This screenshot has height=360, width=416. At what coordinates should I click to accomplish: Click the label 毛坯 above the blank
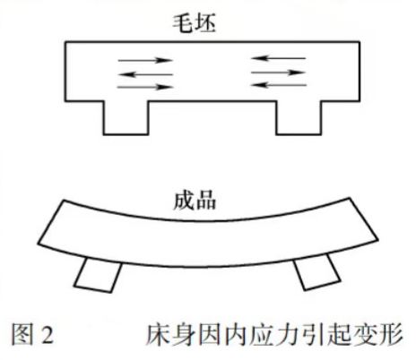[x=194, y=23]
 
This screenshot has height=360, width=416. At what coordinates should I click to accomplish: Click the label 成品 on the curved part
[x=195, y=201]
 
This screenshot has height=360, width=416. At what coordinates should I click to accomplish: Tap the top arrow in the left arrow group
[x=145, y=61]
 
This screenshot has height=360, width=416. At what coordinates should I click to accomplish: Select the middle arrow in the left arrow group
[x=145, y=74]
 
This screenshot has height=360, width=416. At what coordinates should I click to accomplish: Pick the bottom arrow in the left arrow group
[x=145, y=87]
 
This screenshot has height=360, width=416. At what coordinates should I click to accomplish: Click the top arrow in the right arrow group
[x=278, y=58]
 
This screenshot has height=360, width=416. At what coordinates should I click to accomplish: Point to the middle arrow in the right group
[x=278, y=73]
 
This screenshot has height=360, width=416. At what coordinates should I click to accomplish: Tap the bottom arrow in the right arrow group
[x=278, y=85]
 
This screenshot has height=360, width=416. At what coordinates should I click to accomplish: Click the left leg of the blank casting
[x=126, y=118]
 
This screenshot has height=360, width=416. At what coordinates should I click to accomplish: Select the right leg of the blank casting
[x=299, y=118]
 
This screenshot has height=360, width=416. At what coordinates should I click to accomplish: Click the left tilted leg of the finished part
[x=98, y=275]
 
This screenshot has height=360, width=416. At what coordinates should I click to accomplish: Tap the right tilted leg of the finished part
[x=316, y=271]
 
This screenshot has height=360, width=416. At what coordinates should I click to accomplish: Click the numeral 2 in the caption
[x=46, y=335]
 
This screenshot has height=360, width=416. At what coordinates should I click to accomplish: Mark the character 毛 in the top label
[x=183, y=23]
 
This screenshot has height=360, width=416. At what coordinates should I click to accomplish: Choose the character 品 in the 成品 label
[x=205, y=201]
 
